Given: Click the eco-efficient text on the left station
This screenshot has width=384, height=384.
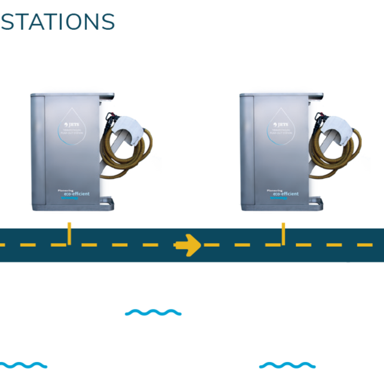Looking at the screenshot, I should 76,194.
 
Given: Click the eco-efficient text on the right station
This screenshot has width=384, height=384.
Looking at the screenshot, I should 285,194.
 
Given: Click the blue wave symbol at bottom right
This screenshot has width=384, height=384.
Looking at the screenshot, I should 287,365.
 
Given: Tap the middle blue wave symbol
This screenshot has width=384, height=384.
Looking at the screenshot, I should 153,312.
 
